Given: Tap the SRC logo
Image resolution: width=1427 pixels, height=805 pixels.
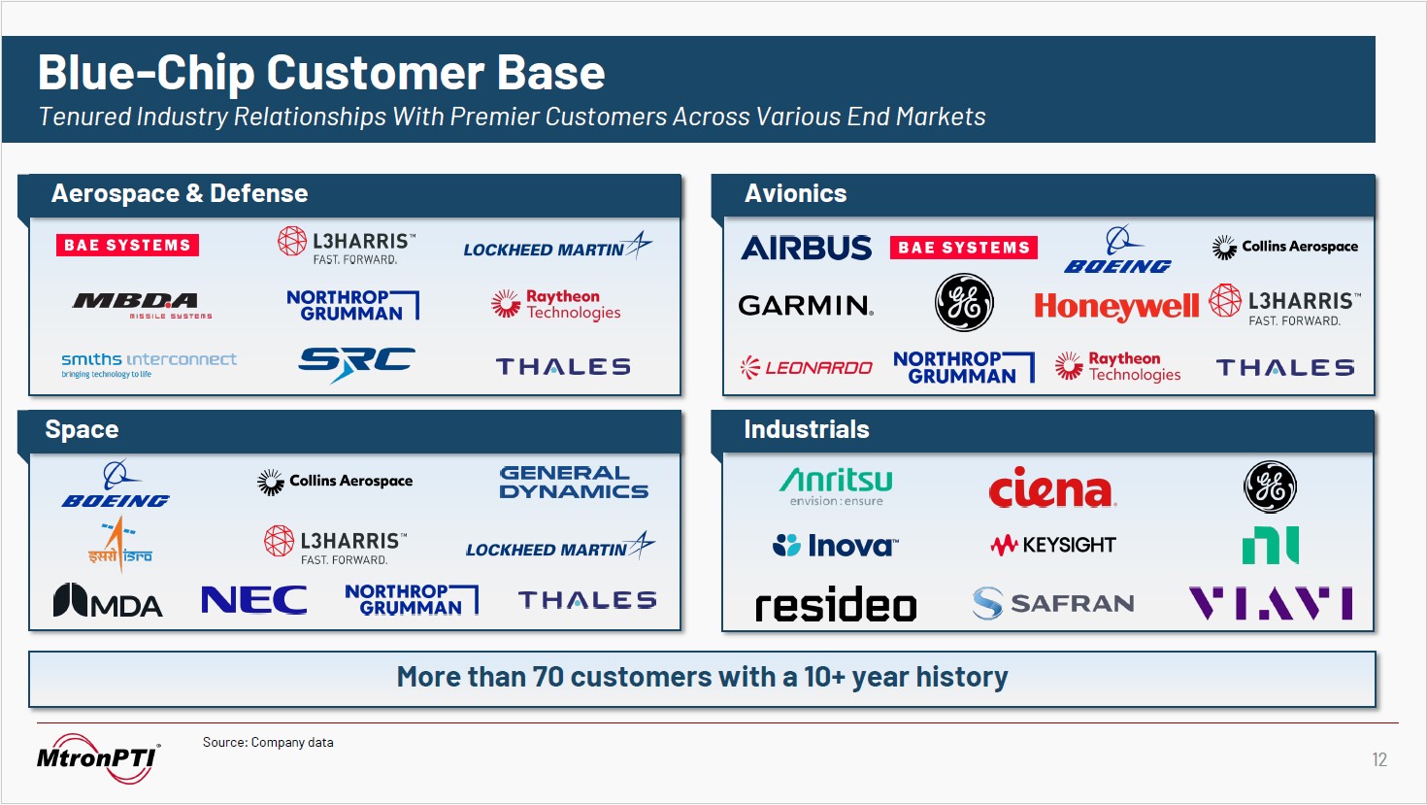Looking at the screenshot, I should click(x=356, y=363).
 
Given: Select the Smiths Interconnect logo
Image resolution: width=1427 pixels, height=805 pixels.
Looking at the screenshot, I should click(x=149, y=364).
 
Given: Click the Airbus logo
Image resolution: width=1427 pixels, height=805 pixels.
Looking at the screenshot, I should click(x=806, y=248).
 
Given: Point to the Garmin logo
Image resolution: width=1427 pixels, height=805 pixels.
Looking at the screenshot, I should click(x=806, y=306).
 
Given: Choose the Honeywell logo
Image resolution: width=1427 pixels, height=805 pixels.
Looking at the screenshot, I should click(x=1116, y=307).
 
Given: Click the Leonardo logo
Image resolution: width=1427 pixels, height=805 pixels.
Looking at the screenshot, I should click(x=806, y=368).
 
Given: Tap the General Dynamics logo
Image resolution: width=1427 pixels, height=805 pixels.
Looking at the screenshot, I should click(x=574, y=482).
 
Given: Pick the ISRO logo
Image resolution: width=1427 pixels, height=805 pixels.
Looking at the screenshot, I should click(x=119, y=543).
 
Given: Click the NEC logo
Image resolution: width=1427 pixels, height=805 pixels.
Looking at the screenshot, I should click(x=253, y=600).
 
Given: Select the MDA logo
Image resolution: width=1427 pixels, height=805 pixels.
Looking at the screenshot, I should click(x=108, y=601).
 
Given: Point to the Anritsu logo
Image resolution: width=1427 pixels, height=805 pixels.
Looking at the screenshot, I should click(x=836, y=486).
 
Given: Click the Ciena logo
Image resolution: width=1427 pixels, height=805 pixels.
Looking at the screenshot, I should click(x=1052, y=487).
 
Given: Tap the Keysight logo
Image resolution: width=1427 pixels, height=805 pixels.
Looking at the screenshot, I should click(x=1053, y=545).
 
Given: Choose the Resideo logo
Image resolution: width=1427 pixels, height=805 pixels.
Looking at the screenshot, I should click(x=836, y=605).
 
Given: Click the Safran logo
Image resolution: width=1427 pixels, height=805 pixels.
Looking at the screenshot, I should click(x=1053, y=603).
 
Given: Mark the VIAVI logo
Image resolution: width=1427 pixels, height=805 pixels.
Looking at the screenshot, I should click(x=1271, y=603).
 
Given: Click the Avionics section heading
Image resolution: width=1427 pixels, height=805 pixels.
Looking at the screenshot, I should click(x=795, y=193).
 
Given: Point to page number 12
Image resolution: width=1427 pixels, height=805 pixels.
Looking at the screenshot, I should click(x=1379, y=759).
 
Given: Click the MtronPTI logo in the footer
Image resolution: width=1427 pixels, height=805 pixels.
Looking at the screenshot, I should click(x=97, y=757).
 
